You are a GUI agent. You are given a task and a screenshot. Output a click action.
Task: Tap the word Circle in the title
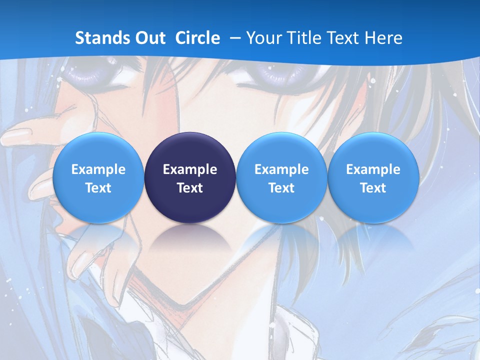(x=197, y=38)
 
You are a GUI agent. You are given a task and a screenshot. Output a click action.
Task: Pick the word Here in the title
(x=384, y=38)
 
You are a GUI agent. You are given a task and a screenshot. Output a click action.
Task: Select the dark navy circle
(x=189, y=178)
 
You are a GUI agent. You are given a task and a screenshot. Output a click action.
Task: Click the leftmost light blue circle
(x=98, y=178)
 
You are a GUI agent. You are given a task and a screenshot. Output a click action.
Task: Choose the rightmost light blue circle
(x=373, y=178)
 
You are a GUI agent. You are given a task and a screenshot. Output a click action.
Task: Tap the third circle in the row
(x=281, y=178)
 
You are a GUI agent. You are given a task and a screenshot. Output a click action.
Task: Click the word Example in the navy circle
(x=190, y=169)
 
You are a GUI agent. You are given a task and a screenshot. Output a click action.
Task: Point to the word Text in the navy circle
(x=190, y=188)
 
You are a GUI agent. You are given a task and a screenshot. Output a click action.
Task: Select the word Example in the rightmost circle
(x=373, y=169)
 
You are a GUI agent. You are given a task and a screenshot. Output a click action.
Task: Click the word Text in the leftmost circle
(x=98, y=188)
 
